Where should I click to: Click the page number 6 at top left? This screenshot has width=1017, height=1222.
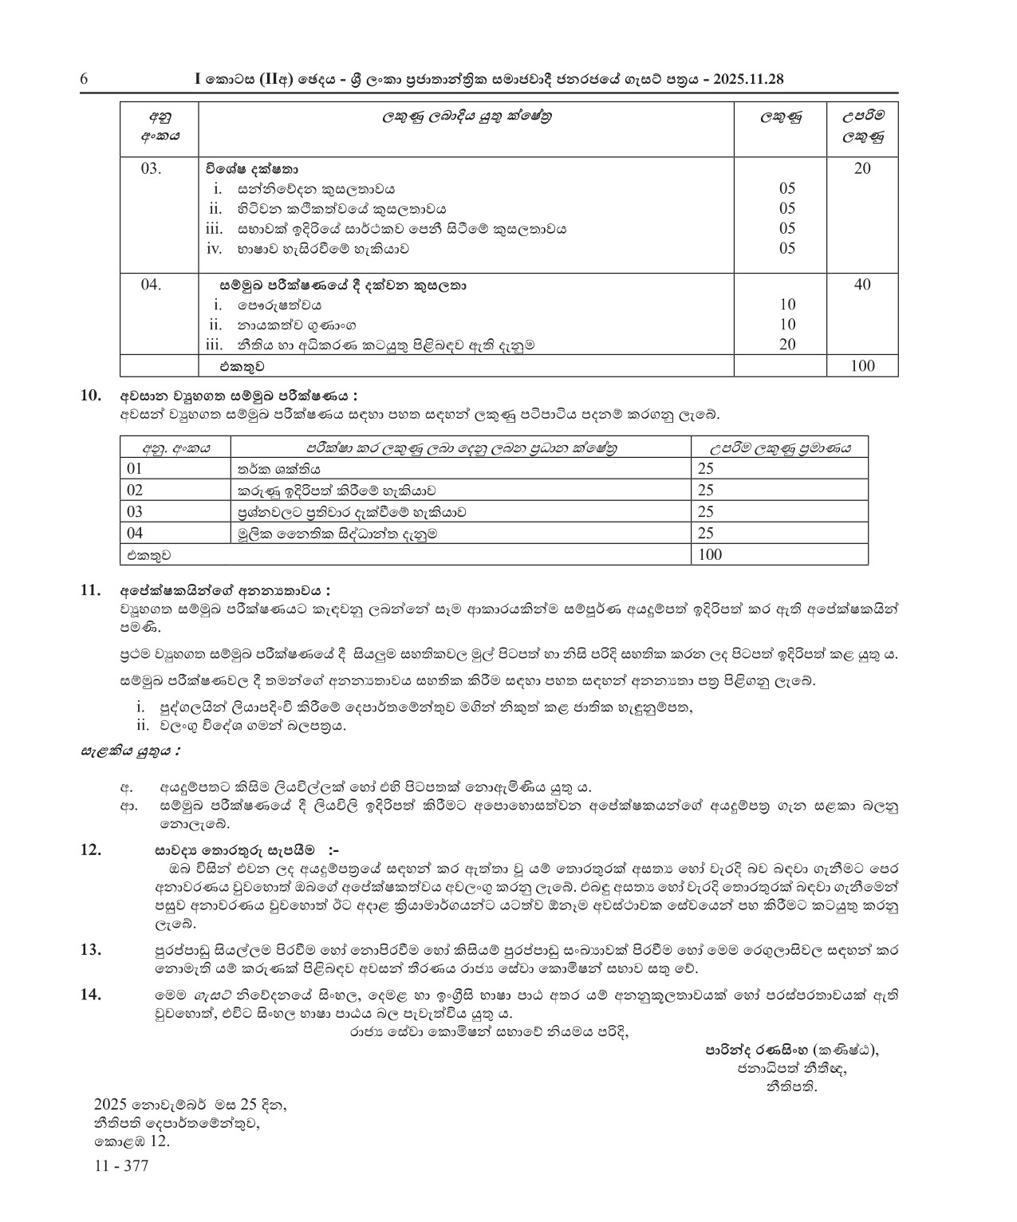click(84, 79)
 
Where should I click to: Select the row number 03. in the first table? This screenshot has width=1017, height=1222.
click(151, 169)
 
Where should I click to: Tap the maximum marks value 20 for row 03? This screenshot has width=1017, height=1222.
click(861, 168)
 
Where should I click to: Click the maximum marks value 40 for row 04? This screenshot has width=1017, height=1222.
click(861, 285)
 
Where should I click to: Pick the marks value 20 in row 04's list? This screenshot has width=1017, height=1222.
click(787, 345)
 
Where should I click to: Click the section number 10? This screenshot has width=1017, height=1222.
click(91, 396)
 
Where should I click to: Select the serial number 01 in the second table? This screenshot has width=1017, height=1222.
click(134, 469)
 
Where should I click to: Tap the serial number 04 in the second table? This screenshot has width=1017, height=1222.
click(134, 533)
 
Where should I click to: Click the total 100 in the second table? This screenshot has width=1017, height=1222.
click(709, 554)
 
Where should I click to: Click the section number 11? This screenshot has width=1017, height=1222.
click(91, 591)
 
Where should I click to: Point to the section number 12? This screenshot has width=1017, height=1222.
click(91, 850)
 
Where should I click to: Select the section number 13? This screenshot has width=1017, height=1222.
click(91, 950)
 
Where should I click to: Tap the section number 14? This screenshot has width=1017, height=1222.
click(91, 995)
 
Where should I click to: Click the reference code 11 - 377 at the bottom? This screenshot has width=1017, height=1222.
click(120, 1166)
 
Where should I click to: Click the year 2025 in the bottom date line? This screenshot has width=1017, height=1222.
click(110, 1106)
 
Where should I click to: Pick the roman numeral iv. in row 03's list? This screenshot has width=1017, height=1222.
click(213, 248)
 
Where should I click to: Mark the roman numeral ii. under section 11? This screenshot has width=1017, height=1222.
click(143, 725)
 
